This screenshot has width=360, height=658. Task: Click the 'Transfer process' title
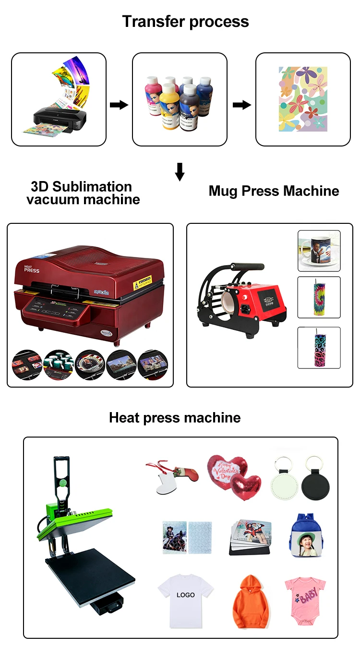pyautogui.click(x=185, y=22)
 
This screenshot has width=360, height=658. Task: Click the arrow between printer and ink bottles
pyautogui.click(x=119, y=105)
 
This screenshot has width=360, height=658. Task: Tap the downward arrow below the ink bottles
pyautogui.click(x=180, y=172)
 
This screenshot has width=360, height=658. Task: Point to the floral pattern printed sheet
pyautogui.click(x=303, y=99)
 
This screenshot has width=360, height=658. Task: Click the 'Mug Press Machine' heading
pyautogui.click(x=274, y=191)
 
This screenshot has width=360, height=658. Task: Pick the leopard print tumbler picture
pyautogui.click(x=318, y=348)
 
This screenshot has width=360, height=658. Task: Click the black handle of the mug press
pyautogui.click(x=247, y=266)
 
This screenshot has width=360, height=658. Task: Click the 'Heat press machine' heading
pyautogui.click(x=175, y=417)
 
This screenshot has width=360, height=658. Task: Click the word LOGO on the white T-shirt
pyautogui.click(x=185, y=595)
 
